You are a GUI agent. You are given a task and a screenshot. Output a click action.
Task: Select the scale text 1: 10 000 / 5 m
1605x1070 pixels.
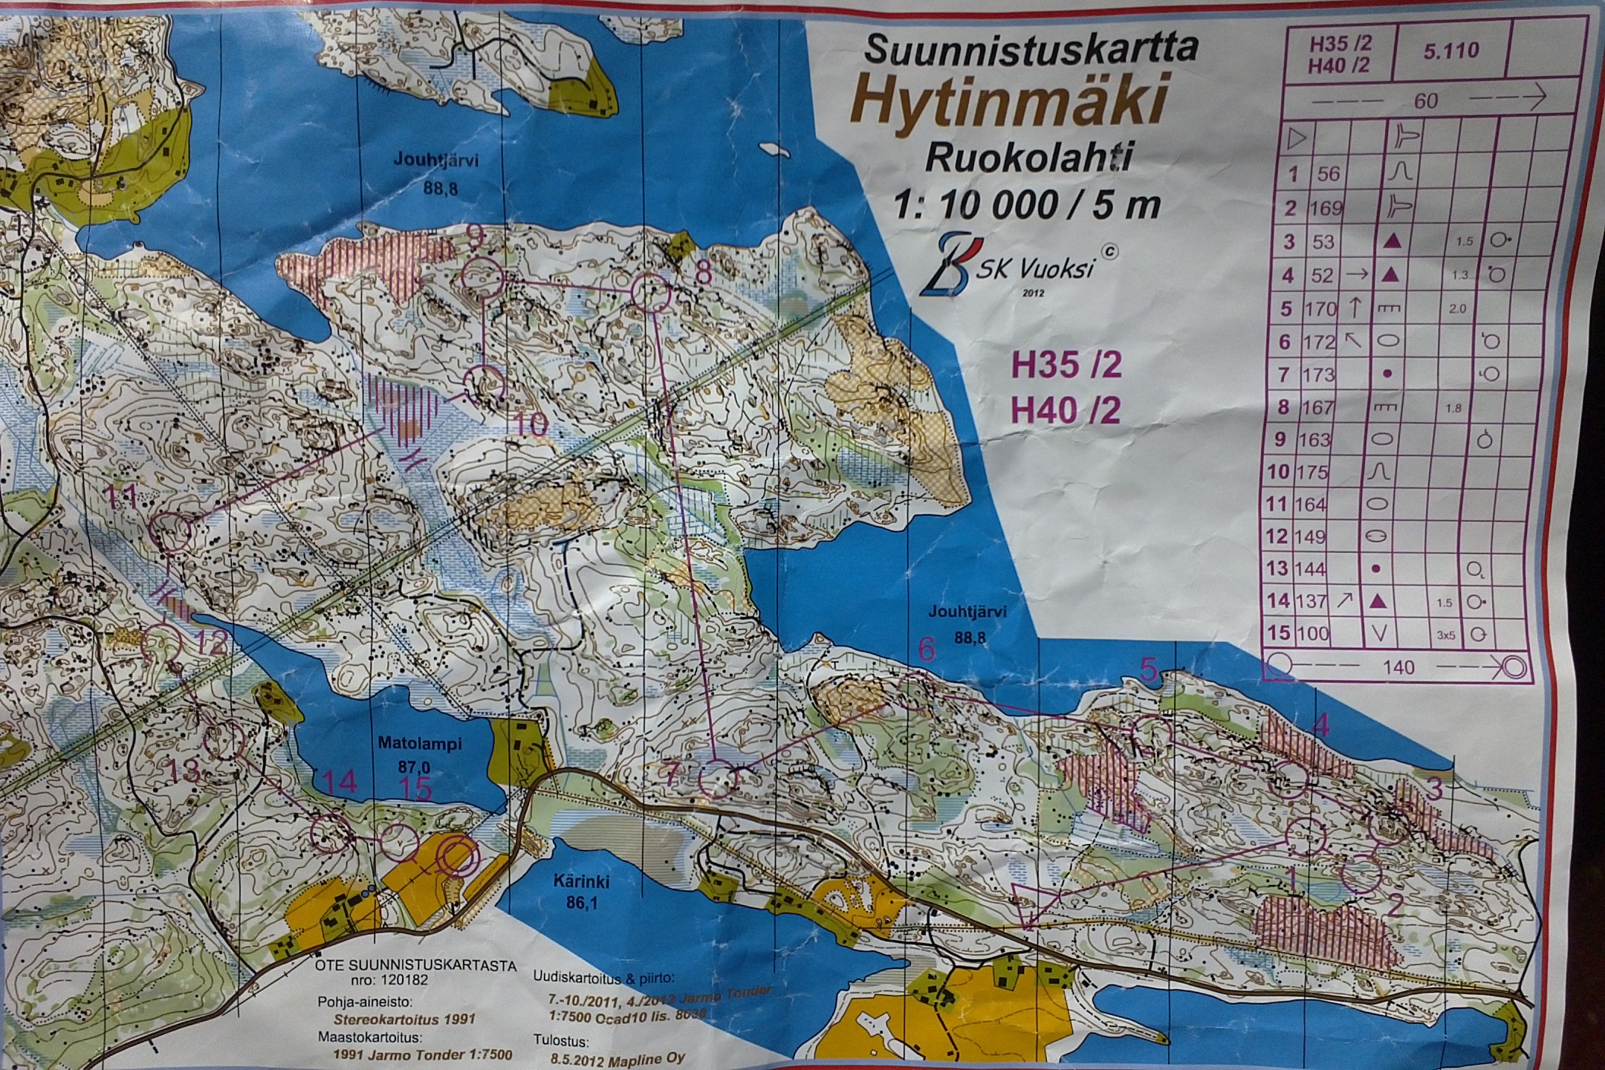pos(1026,204)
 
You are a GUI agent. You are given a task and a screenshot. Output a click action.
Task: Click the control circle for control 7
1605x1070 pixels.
pos(718,779)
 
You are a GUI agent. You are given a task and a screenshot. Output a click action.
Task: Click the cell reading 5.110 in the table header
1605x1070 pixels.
pos(1451,51)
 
